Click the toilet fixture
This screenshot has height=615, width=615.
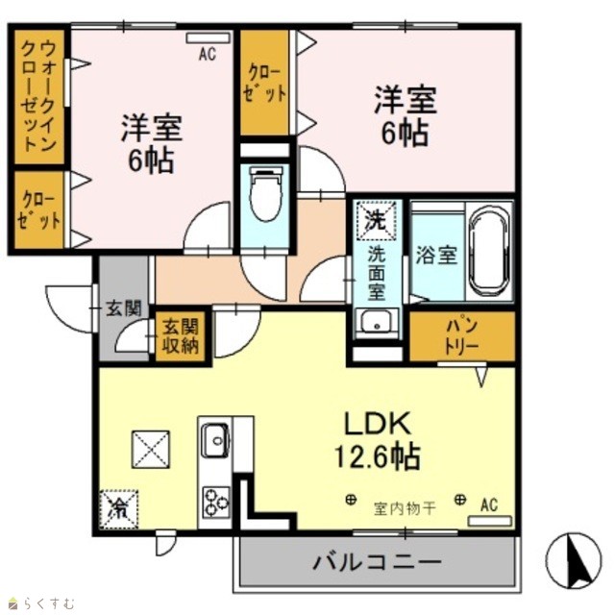[266, 194]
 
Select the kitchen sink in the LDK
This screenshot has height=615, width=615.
[214, 440]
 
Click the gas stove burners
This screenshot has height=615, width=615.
[216, 503]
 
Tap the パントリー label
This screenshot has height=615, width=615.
[462, 336]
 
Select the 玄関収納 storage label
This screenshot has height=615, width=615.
[181, 336]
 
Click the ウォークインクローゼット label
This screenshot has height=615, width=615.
[38, 96]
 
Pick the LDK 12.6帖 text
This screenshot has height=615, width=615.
[378, 440]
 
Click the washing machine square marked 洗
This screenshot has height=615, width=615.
[376, 221]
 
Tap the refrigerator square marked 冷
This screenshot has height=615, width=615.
[118, 509]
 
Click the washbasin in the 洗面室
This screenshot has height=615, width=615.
[377, 323]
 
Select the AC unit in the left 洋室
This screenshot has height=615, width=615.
[208, 38]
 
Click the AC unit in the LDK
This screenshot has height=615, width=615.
[490, 521]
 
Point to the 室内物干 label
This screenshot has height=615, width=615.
[405, 508]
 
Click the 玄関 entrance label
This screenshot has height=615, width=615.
[124, 308]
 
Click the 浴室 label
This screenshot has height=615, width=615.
[436, 255]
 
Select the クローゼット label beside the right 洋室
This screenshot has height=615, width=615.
[264, 84]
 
